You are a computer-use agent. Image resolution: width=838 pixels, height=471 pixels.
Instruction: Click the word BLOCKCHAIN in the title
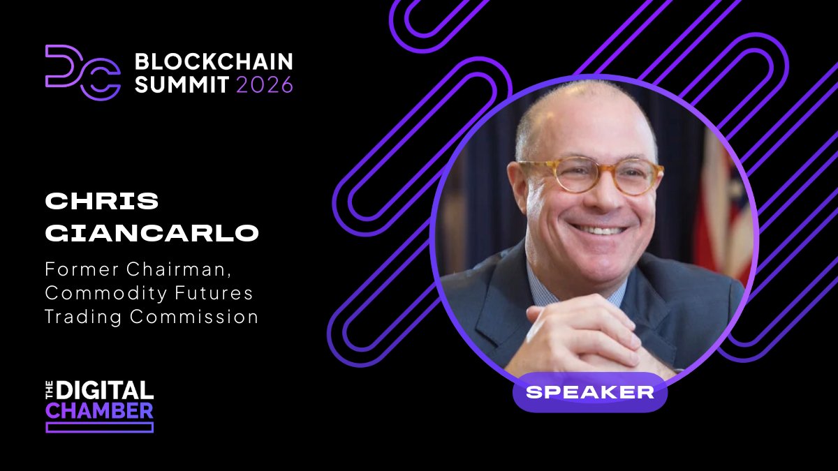click(x=214, y=61)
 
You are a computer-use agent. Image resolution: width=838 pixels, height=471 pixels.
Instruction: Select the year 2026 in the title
click(x=264, y=85)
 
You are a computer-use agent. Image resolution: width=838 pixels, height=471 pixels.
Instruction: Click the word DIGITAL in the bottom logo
click(x=105, y=390)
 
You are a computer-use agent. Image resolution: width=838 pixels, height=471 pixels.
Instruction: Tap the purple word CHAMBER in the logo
click(x=99, y=410)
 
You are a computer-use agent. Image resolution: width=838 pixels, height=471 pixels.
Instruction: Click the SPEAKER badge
click(x=590, y=391)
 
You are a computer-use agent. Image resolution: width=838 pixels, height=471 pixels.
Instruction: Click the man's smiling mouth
click(x=597, y=228)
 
